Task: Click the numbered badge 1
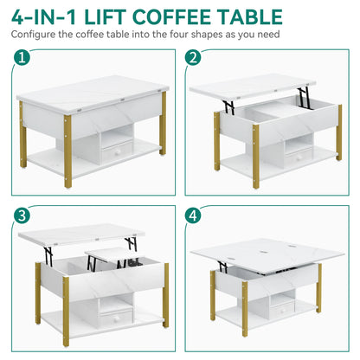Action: [21, 61]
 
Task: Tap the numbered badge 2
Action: [196, 61]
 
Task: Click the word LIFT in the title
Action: [117, 16]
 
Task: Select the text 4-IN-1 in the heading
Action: [48, 16]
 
